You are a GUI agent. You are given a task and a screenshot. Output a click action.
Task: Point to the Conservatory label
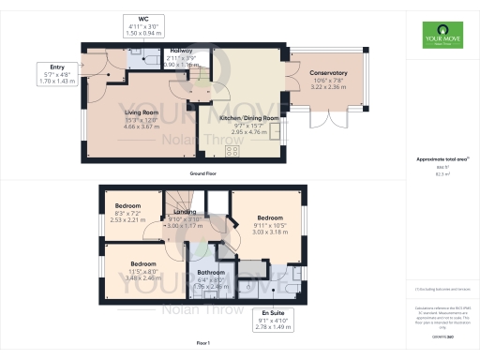click(327, 73)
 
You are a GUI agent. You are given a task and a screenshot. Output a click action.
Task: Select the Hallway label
click(182, 51)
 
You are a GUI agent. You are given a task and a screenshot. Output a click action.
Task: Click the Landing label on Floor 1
click(186, 211)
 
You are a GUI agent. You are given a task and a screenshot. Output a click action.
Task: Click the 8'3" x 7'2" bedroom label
click(127, 205)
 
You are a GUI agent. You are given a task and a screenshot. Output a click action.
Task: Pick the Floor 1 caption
click(202, 345)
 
